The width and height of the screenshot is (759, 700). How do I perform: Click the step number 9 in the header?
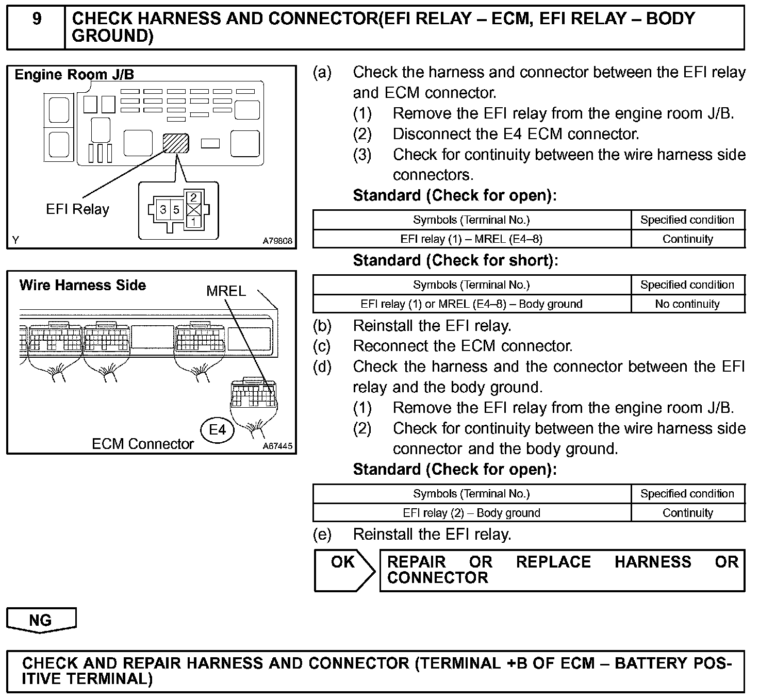pos(37,19)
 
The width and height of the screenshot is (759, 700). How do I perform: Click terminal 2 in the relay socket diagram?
pos(193,197)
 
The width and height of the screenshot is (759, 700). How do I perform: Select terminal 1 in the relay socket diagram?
pos(193,222)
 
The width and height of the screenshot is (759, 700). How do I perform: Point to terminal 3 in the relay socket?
pos(163,210)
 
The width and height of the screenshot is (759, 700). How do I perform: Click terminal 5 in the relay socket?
pos(176,210)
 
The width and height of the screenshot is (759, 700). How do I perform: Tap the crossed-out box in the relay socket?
pos(193,210)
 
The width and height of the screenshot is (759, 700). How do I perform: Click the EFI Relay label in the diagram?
pos(77,209)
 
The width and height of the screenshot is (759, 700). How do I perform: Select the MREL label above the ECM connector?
pos(226,291)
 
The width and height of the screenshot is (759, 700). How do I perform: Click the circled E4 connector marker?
pos(217,429)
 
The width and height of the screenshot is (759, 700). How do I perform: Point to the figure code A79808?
pos(277,241)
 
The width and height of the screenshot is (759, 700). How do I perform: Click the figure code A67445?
pos(277,446)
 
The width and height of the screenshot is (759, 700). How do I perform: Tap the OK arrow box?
pos(343,570)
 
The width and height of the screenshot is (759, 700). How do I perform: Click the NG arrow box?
pos(41,620)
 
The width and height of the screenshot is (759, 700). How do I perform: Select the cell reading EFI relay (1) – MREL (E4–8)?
pos(471,239)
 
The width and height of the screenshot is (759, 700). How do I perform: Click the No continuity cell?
pos(687,304)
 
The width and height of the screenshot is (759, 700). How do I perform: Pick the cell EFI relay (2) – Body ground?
pos(471,513)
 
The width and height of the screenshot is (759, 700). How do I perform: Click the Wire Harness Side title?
pos(82,285)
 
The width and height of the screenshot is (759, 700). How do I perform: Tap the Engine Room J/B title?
pos(74,75)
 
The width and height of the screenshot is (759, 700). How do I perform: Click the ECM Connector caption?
pos(142,444)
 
